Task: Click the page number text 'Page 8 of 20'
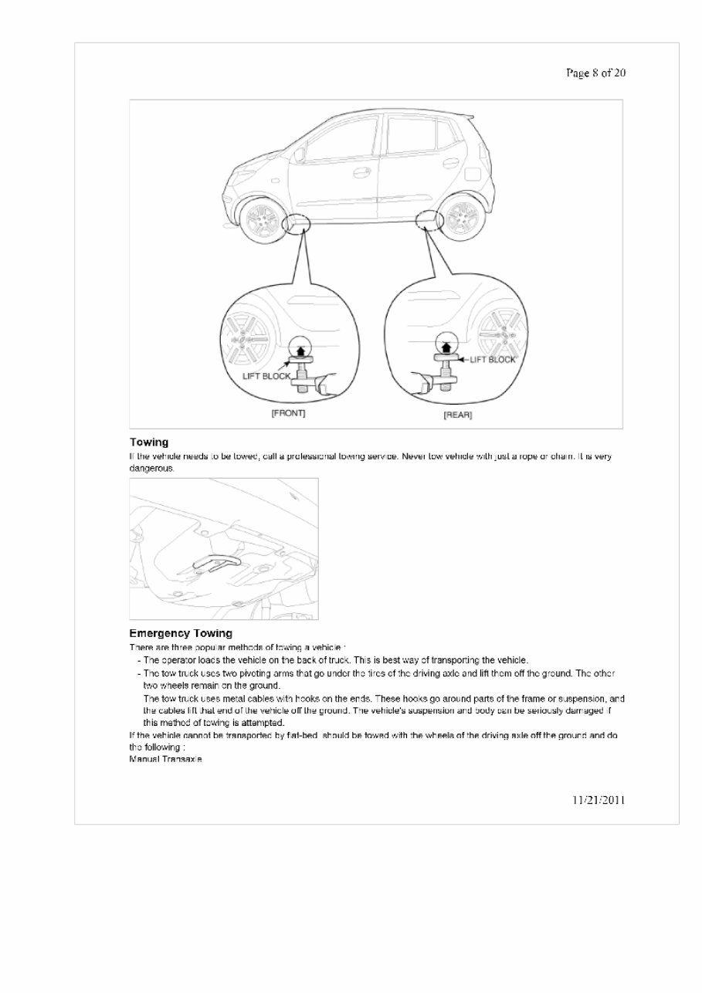click(x=595, y=73)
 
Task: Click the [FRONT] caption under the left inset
click(x=288, y=413)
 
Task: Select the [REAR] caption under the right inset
click(x=457, y=415)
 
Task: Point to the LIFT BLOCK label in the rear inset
click(x=492, y=360)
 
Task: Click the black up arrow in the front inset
click(x=297, y=349)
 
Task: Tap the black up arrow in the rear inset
click(x=443, y=343)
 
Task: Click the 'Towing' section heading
click(x=148, y=442)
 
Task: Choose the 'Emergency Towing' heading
click(x=180, y=634)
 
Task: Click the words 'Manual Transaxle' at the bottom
click(x=165, y=760)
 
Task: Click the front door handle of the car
click(x=361, y=172)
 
